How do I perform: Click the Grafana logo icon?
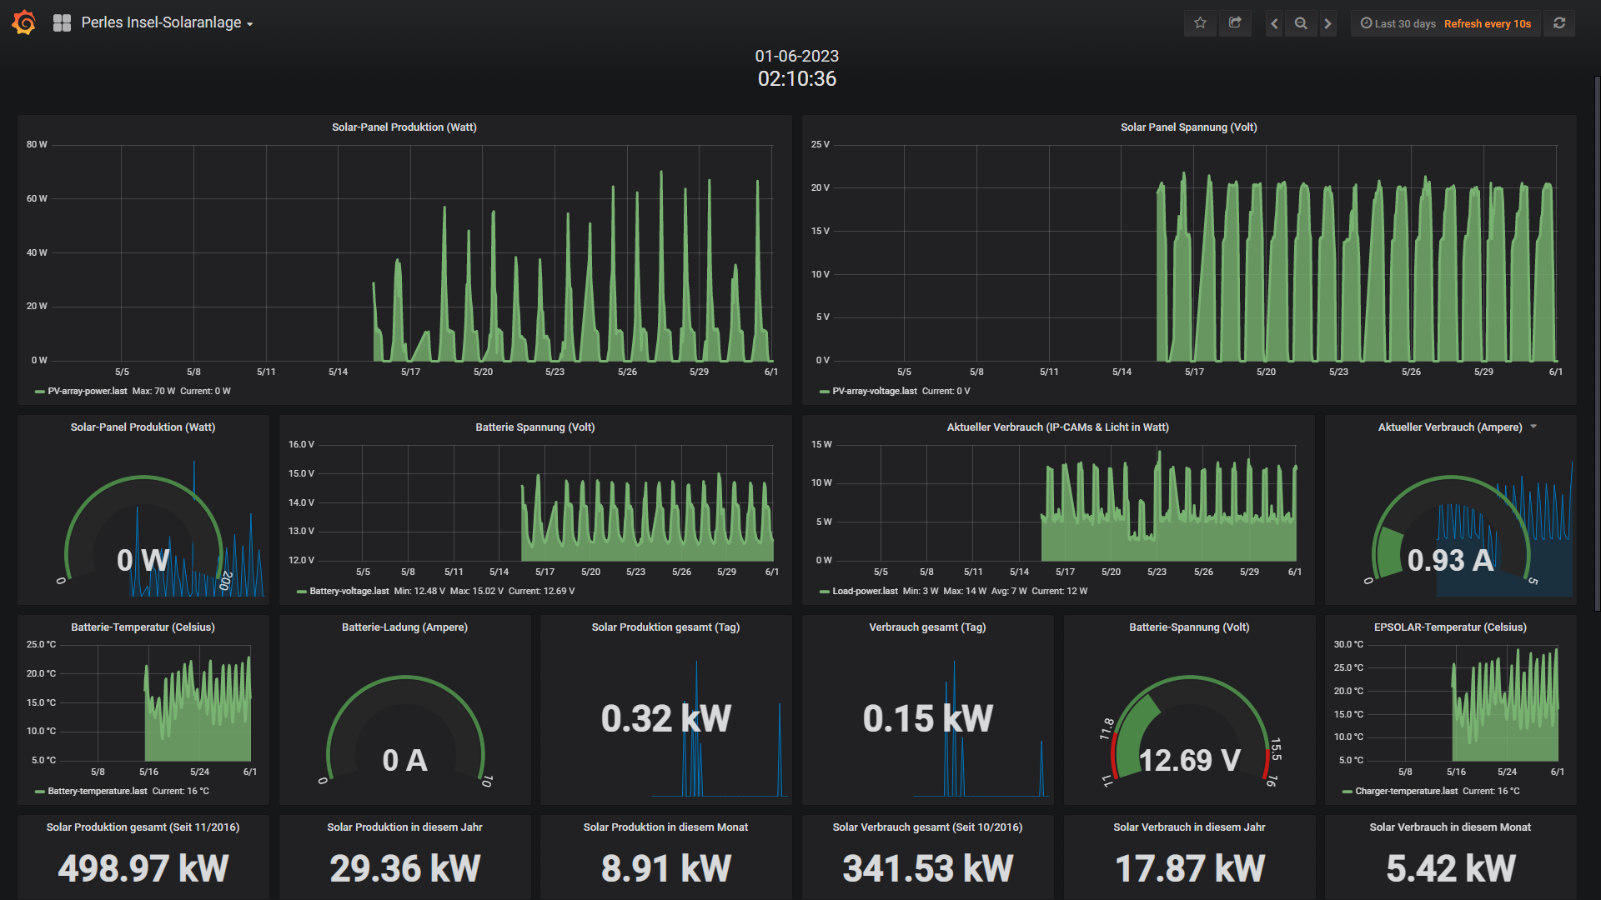coord(24,22)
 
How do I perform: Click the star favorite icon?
coord(1200,23)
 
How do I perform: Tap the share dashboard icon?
coord(1235,23)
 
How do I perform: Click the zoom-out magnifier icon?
coord(1301,23)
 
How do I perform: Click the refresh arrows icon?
coord(1559,23)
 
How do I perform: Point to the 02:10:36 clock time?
coord(797,79)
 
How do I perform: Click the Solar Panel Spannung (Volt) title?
coord(1189,127)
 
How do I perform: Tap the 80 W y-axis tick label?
coord(37,144)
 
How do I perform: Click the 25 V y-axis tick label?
coord(821,144)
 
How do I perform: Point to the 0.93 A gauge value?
coord(1450,560)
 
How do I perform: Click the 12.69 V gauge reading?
coord(1190,760)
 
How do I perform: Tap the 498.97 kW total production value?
coord(143,868)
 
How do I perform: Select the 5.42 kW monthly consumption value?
coord(1451,868)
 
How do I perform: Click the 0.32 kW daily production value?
coord(666,718)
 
